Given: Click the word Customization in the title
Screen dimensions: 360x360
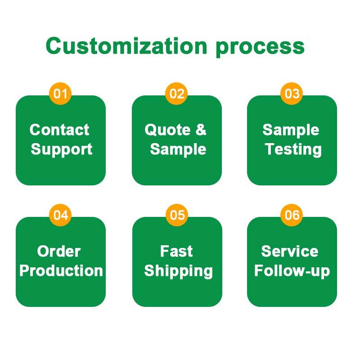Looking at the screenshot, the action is coord(126,45).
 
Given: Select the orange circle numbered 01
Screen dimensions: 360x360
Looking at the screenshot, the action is coord(60,94).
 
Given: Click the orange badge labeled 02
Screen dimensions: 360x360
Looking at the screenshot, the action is coord(176,94).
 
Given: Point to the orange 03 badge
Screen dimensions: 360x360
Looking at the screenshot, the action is coord(292,94).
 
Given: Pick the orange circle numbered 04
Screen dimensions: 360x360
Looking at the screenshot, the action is coord(60,215).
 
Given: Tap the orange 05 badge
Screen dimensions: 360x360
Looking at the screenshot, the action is coord(177,215).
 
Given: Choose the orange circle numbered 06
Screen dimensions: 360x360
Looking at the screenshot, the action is coord(292,215).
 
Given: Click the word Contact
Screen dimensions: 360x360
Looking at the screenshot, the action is coord(59,130).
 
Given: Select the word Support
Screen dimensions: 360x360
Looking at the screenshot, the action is coord(62,150).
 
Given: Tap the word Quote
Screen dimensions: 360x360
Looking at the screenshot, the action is coord(167,130).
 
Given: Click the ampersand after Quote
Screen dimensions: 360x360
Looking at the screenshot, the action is coord(201,130).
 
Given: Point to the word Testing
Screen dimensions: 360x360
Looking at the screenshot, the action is coord(293,150).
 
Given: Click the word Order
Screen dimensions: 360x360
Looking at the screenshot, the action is coord(59,251).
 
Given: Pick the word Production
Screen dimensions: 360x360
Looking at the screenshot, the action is coord(61,270).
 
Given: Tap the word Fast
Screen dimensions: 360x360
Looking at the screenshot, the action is coord(176,251).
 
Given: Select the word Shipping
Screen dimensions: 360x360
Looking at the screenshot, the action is coord(178,271).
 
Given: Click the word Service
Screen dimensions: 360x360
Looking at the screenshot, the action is coord(290,251).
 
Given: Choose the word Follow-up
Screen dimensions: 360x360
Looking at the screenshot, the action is coord(292,271).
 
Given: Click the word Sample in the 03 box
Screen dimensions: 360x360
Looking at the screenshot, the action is coord(291,130).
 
